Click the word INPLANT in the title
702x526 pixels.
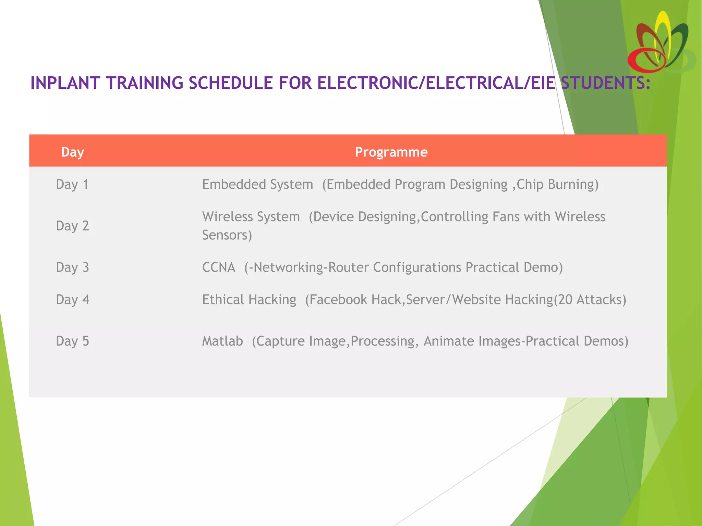(x=64, y=83)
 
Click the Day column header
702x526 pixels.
(x=72, y=152)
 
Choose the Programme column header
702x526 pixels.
(x=391, y=152)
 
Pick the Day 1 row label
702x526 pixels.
(x=72, y=185)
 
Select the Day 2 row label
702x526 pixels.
(x=72, y=226)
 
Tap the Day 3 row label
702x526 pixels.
(x=72, y=267)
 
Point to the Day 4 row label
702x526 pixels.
(x=72, y=300)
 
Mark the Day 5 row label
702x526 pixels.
(x=72, y=341)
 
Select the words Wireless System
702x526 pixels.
(x=251, y=217)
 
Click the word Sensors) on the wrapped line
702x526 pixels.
(x=227, y=235)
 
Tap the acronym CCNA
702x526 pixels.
(x=219, y=267)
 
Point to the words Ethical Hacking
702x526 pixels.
(x=249, y=300)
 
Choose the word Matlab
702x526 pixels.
(x=222, y=341)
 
